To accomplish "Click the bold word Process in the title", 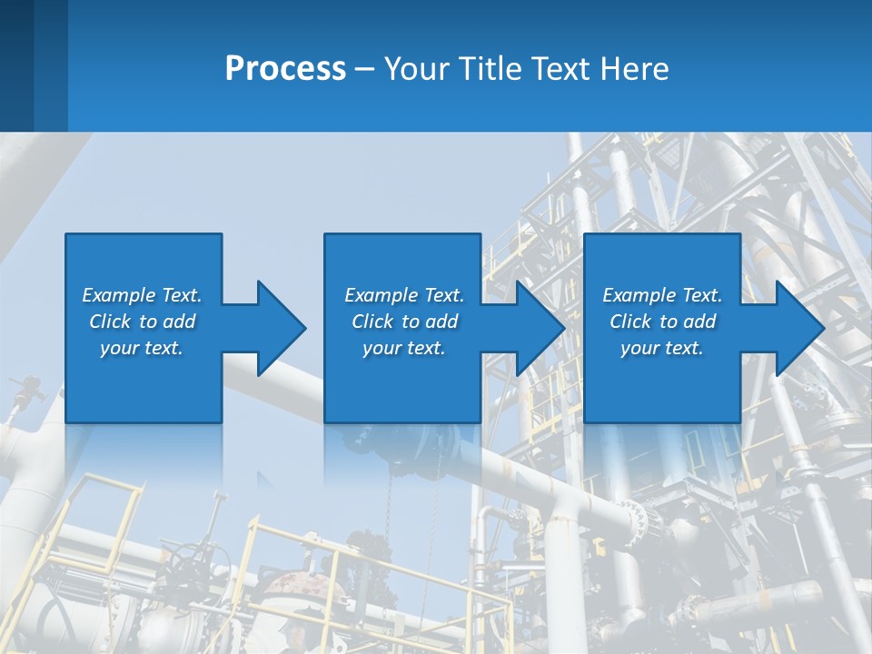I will [x=285, y=69].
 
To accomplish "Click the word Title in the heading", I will [x=496, y=69].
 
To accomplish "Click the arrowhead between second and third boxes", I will [x=540, y=328].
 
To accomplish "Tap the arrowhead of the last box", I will [x=799, y=328].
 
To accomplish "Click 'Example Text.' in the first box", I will [x=142, y=295].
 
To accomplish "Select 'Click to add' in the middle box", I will [x=404, y=322].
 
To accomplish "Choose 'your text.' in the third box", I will [x=661, y=348].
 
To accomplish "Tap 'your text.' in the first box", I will [x=142, y=348].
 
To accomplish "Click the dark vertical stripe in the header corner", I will [x=16, y=65].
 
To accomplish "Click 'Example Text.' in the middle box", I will [x=404, y=295].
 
